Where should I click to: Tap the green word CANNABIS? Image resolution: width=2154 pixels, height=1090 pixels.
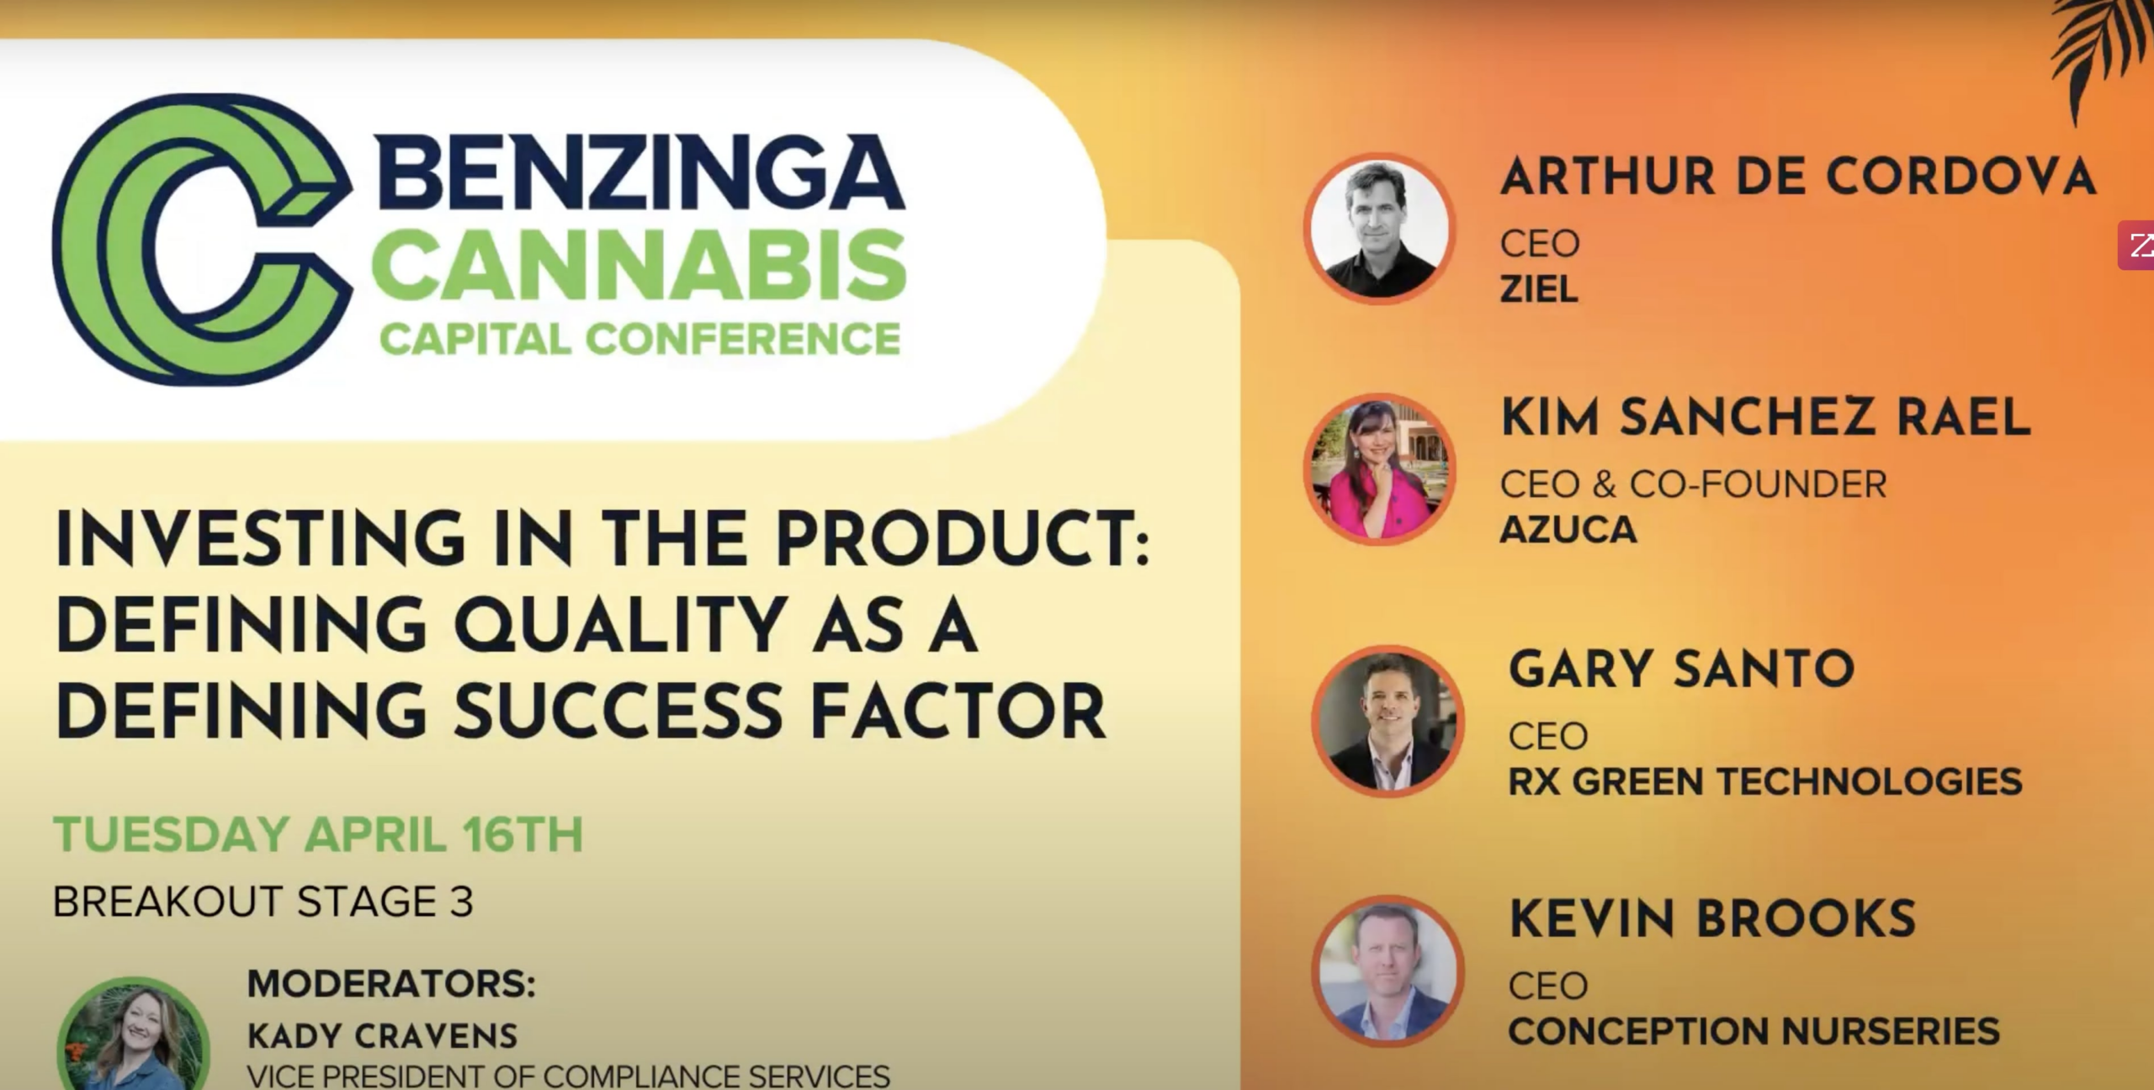click(x=639, y=267)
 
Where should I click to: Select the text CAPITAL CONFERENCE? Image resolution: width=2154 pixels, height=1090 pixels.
click(x=640, y=340)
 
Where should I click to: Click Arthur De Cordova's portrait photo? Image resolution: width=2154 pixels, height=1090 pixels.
click(x=1379, y=229)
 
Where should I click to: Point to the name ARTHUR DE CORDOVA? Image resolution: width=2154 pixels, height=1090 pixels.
click(x=1798, y=177)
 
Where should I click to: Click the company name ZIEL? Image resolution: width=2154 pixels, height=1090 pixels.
click(x=1539, y=289)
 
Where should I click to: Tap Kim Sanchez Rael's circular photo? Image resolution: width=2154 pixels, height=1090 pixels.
click(x=1379, y=469)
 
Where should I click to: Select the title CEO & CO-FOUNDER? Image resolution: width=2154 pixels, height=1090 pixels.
click(x=1694, y=484)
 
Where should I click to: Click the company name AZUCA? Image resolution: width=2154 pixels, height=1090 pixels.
click(x=1568, y=530)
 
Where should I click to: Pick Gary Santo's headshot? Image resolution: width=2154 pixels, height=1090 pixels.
click(x=1387, y=722)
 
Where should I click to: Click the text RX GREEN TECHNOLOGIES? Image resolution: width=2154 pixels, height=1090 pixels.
click(x=1764, y=781)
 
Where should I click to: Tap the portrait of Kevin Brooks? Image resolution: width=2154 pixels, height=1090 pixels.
click(x=1387, y=971)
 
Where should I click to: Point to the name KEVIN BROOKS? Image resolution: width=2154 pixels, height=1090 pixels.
click(x=1712, y=918)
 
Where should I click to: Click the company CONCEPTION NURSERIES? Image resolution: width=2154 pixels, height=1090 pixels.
click(x=1753, y=1031)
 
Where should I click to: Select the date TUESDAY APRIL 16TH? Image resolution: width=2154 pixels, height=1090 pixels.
click(x=318, y=834)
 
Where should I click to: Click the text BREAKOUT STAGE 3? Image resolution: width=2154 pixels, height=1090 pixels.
click(x=263, y=902)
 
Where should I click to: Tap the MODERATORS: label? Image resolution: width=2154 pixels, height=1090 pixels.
click(x=391, y=984)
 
